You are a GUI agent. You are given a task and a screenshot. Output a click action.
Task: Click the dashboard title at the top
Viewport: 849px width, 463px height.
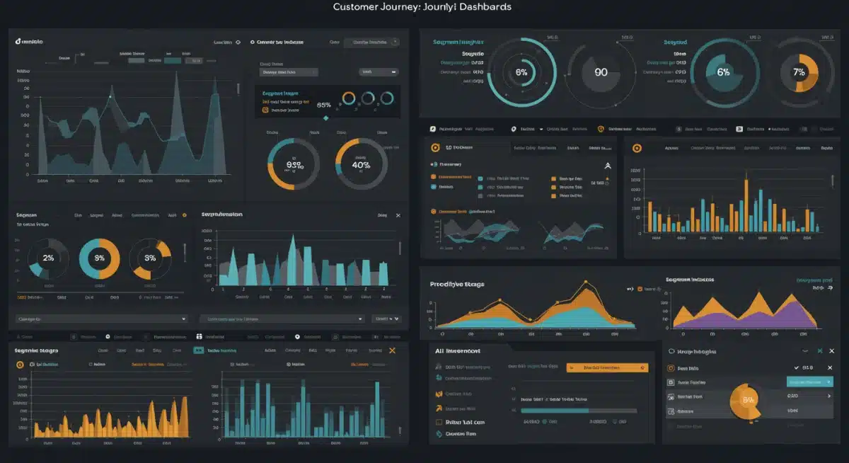coord(422,7)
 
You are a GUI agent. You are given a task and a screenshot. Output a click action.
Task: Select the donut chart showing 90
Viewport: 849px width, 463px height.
coord(601,72)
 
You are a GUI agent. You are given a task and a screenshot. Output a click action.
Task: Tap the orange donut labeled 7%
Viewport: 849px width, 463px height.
coord(799,72)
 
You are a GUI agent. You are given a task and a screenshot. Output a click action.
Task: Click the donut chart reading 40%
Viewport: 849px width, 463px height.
coord(361,165)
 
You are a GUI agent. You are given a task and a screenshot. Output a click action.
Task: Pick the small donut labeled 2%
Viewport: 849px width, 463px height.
coord(48,258)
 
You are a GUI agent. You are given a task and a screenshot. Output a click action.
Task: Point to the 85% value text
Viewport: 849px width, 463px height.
coord(324,104)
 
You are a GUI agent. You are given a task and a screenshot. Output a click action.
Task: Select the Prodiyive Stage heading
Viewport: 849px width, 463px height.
coord(457,284)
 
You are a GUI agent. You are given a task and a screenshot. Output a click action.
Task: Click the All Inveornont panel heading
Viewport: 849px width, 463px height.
coord(458,351)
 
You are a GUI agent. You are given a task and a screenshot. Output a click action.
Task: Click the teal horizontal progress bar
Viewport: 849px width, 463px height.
coord(554,410)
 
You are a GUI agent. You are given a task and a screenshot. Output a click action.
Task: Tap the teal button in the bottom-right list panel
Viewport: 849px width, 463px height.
coord(809,382)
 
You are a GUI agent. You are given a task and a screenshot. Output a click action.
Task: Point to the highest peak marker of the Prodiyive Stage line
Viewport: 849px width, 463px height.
coord(586,283)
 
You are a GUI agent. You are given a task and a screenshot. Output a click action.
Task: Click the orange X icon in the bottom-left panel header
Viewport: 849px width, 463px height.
coord(393,350)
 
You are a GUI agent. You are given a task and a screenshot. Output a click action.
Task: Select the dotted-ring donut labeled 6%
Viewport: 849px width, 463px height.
coord(521,72)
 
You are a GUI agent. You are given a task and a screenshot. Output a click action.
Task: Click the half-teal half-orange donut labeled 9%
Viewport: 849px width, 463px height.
coord(99,258)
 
